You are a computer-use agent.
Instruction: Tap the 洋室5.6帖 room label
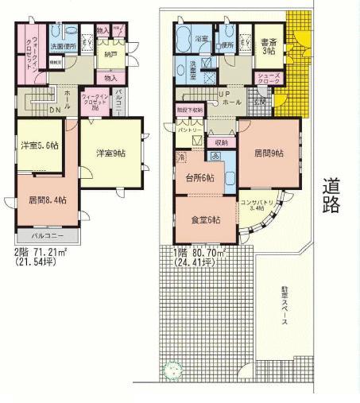coord(40,145)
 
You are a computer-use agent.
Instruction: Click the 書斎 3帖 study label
coord(268,46)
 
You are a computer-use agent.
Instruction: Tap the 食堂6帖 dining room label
coord(204,219)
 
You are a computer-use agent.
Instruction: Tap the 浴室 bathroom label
coord(182,38)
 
